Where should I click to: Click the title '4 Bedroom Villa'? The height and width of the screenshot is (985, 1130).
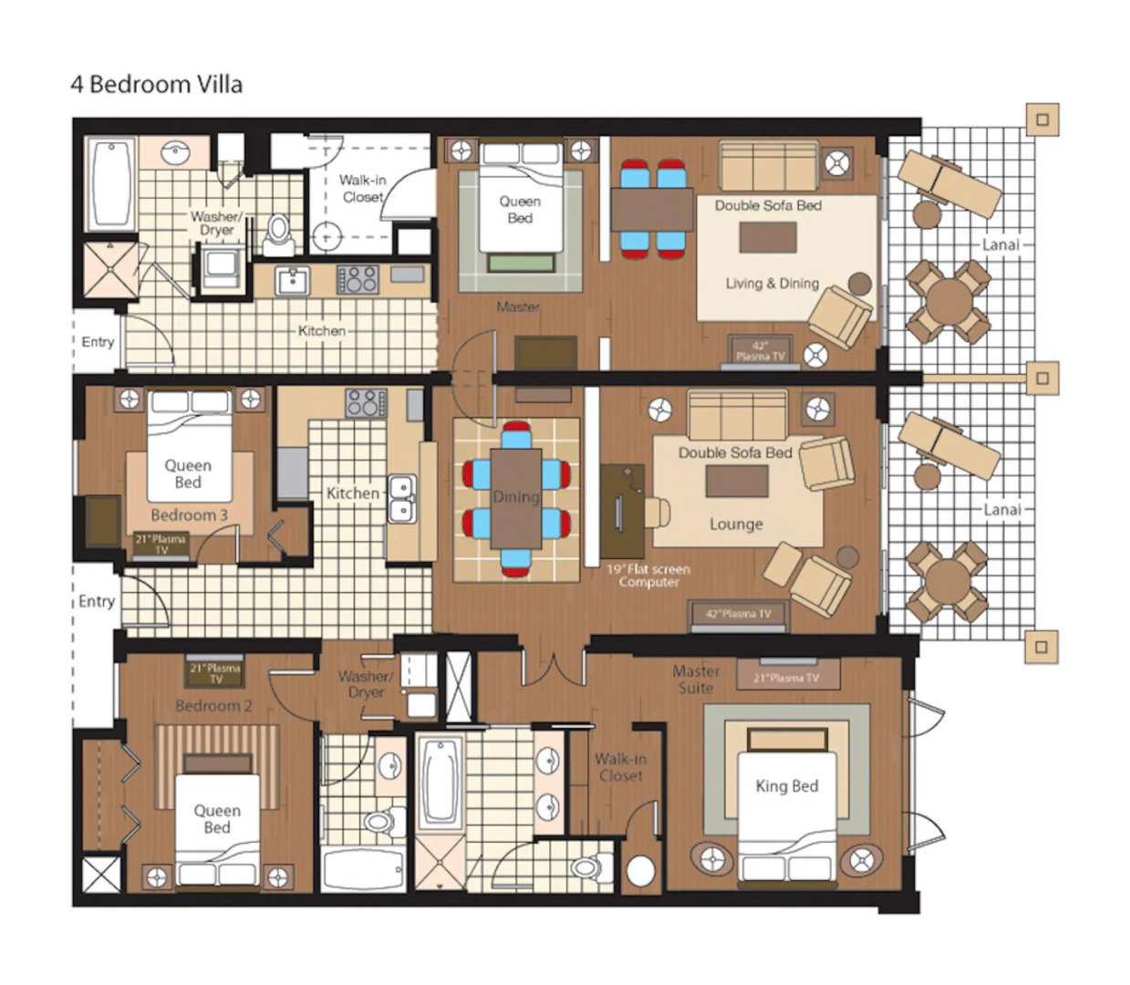156,85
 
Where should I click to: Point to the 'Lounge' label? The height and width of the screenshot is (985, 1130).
736,524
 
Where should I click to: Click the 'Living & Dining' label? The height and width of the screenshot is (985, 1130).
772,284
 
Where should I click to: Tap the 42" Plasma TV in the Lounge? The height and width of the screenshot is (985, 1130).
738,615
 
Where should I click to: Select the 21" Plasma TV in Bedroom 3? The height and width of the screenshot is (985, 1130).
161,544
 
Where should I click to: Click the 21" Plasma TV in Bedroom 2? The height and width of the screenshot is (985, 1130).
215,673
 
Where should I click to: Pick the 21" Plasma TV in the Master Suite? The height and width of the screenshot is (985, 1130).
787,677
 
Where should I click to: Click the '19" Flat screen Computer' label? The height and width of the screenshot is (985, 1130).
648,575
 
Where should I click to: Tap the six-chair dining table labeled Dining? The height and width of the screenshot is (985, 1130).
516,498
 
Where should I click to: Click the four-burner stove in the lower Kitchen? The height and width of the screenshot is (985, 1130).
366,402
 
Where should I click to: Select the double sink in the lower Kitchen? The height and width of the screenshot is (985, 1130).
402,499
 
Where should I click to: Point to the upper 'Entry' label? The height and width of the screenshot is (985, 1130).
98,342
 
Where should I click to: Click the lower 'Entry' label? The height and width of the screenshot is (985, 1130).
97,601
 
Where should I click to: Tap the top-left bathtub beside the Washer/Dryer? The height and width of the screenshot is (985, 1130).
111,184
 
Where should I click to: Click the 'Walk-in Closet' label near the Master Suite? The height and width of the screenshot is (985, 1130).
620,767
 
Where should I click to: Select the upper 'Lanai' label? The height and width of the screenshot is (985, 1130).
1000,244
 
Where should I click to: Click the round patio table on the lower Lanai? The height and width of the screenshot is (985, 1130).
949,581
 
